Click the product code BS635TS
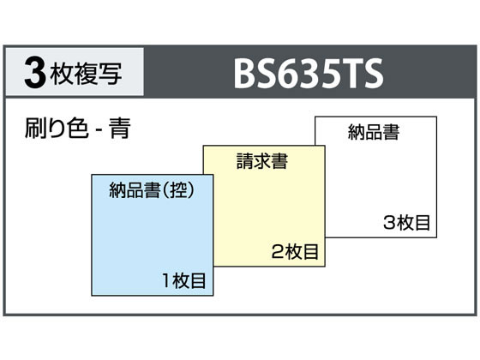click(309, 73)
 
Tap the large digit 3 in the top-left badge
click(35, 73)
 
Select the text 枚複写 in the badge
click(87, 74)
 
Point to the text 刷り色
click(57, 129)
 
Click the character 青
click(120, 129)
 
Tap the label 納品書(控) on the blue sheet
click(153, 190)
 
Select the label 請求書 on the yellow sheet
click(262, 161)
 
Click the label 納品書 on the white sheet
click(374, 132)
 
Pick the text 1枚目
click(184, 280)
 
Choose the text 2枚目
click(295, 252)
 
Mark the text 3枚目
click(406, 223)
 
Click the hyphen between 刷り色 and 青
click(99, 130)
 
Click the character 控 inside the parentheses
click(178, 190)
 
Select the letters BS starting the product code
click(257, 73)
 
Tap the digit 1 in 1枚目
click(166, 281)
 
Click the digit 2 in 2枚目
click(278, 252)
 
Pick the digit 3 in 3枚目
click(389, 223)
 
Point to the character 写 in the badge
click(111, 74)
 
